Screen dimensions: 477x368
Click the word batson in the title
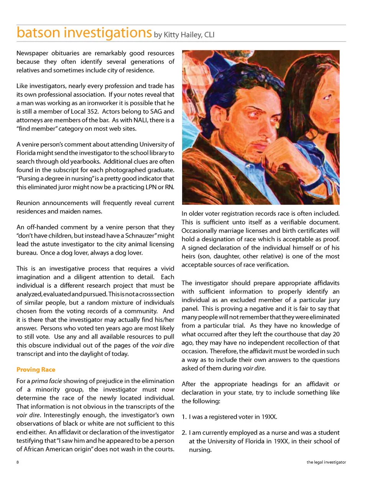tap(38, 33)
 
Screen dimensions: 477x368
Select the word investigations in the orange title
tap(108, 33)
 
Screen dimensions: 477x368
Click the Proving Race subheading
tap(36, 370)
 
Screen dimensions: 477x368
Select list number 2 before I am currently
tap(184, 433)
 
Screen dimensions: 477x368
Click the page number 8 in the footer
tap(18, 462)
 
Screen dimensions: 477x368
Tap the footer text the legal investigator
tap(326, 462)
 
